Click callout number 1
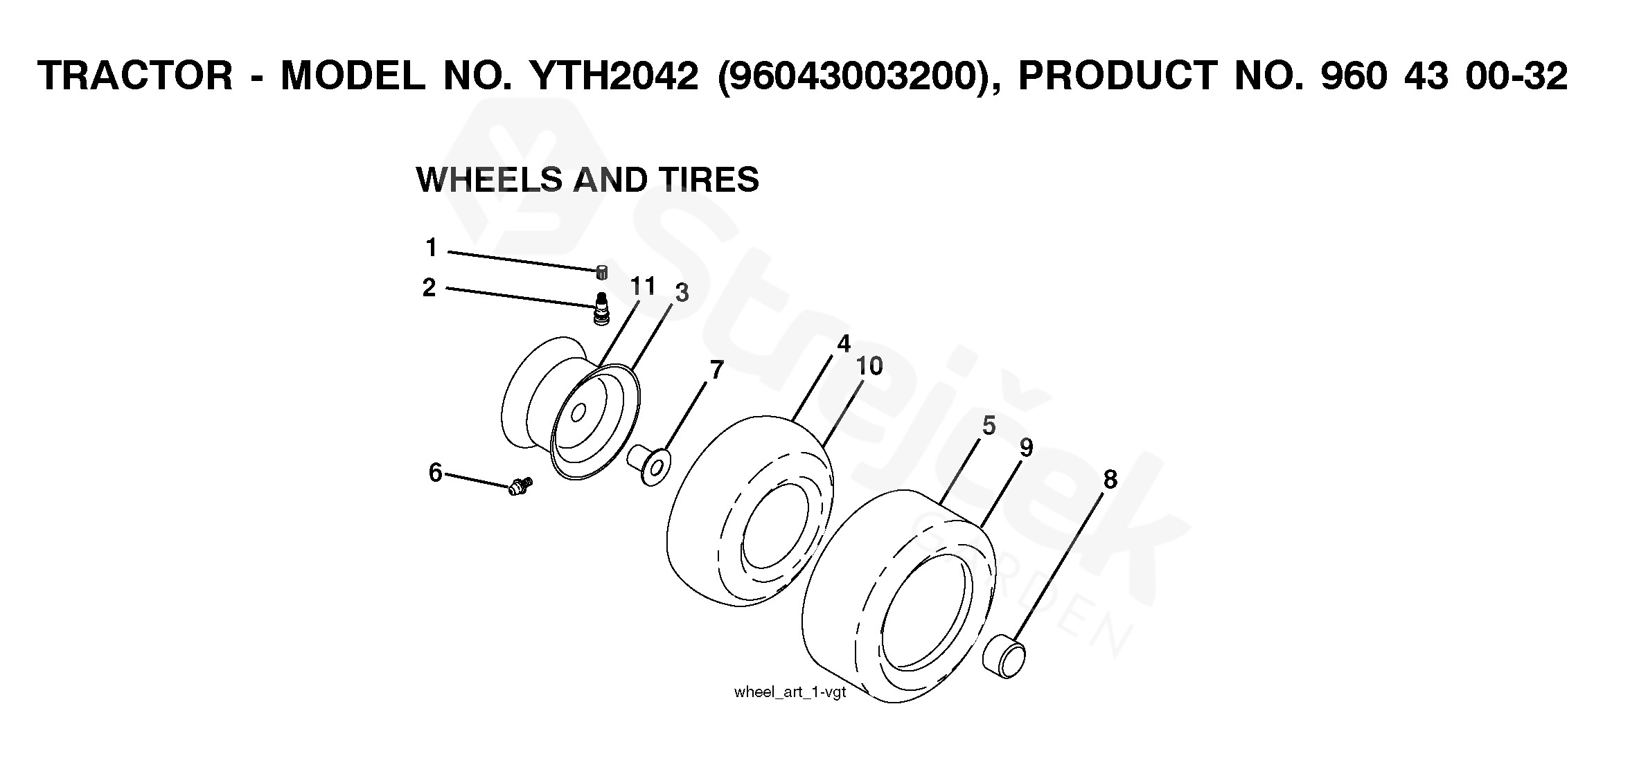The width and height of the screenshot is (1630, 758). (432, 247)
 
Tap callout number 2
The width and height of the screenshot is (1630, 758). (429, 287)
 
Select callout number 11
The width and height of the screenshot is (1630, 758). (643, 286)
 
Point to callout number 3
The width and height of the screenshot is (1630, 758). (682, 294)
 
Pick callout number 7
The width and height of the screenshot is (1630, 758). (717, 370)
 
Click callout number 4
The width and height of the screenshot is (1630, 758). (843, 343)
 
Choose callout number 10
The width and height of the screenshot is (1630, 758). (869, 366)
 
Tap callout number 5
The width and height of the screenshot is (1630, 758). (989, 426)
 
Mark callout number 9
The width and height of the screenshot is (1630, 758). (1026, 448)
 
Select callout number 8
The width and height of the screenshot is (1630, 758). (1110, 479)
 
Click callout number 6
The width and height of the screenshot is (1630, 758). (435, 473)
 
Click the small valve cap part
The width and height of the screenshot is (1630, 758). (602, 272)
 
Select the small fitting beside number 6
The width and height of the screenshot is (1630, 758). (520, 486)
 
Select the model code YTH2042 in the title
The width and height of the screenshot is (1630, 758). (612, 75)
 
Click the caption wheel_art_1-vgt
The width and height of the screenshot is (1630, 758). (790, 692)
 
